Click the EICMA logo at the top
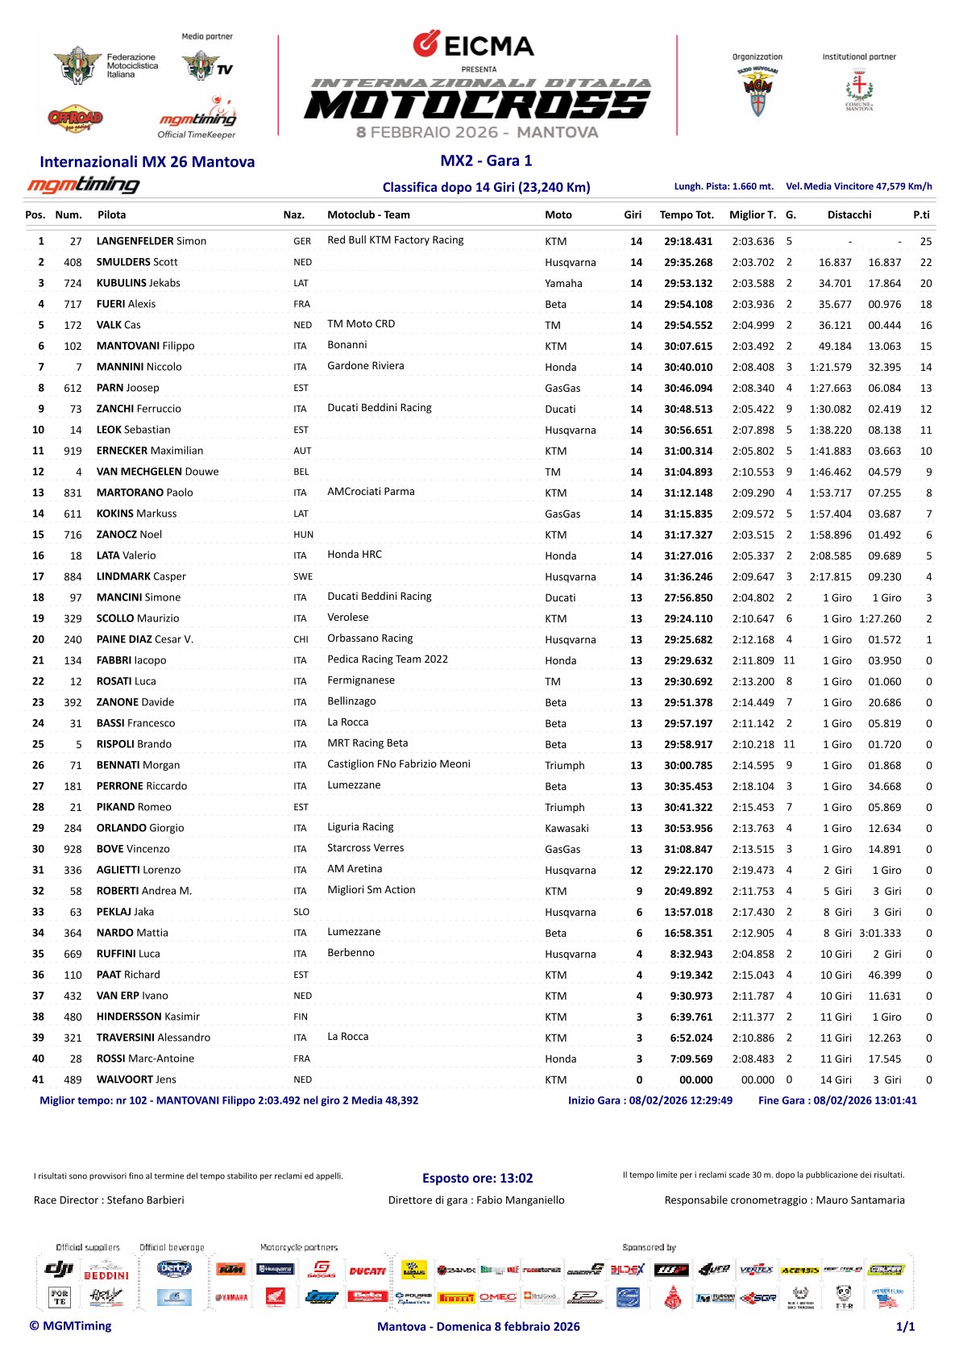point(473,44)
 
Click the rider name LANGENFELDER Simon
point(151,241)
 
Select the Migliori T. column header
point(752,214)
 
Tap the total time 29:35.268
point(687,262)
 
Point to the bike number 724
point(73,283)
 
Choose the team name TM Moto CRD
point(361,324)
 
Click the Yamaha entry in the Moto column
point(563,283)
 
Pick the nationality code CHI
point(301,639)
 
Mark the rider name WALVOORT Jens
point(135,1079)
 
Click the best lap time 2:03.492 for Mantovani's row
point(753,346)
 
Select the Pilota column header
point(111,214)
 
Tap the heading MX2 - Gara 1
point(486,160)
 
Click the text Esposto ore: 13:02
point(477,1178)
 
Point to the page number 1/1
point(905,1326)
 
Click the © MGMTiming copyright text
point(70,1325)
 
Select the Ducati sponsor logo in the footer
point(367,1271)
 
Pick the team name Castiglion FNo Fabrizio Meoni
point(398,764)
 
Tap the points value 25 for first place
point(925,241)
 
